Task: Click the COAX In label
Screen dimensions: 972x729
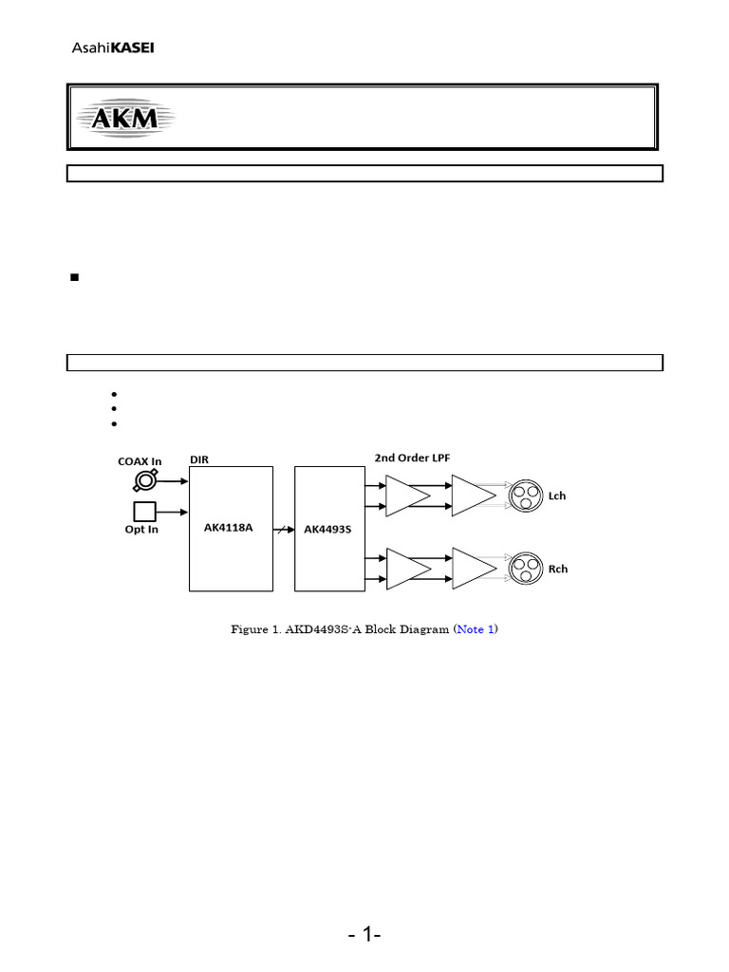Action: (140, 461)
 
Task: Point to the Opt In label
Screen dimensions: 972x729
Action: (141, 530)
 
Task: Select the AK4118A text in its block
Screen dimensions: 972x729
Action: (229, 528)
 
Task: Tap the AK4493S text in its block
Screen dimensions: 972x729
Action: (327, 529)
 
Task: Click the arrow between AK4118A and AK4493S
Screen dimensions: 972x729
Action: (284, 528)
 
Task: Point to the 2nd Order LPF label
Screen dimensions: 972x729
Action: (412, 457)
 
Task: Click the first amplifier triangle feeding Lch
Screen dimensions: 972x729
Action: (406, 496)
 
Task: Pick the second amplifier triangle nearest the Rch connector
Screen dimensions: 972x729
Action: (472, 568)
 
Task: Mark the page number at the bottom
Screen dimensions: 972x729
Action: (364, 936)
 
